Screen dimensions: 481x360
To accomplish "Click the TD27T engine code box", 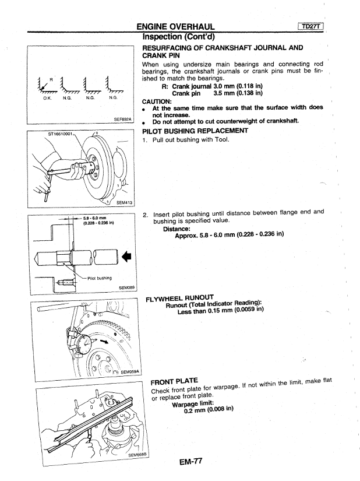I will [x=312, y=26].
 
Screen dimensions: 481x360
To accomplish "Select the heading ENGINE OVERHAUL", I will [x=175, y=26].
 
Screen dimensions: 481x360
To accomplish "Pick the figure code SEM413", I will [x=125, y=202].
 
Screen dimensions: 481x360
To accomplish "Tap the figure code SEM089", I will [x=126, y=287].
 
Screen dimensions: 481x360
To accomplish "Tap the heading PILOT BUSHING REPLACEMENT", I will [x=195, y=131].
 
